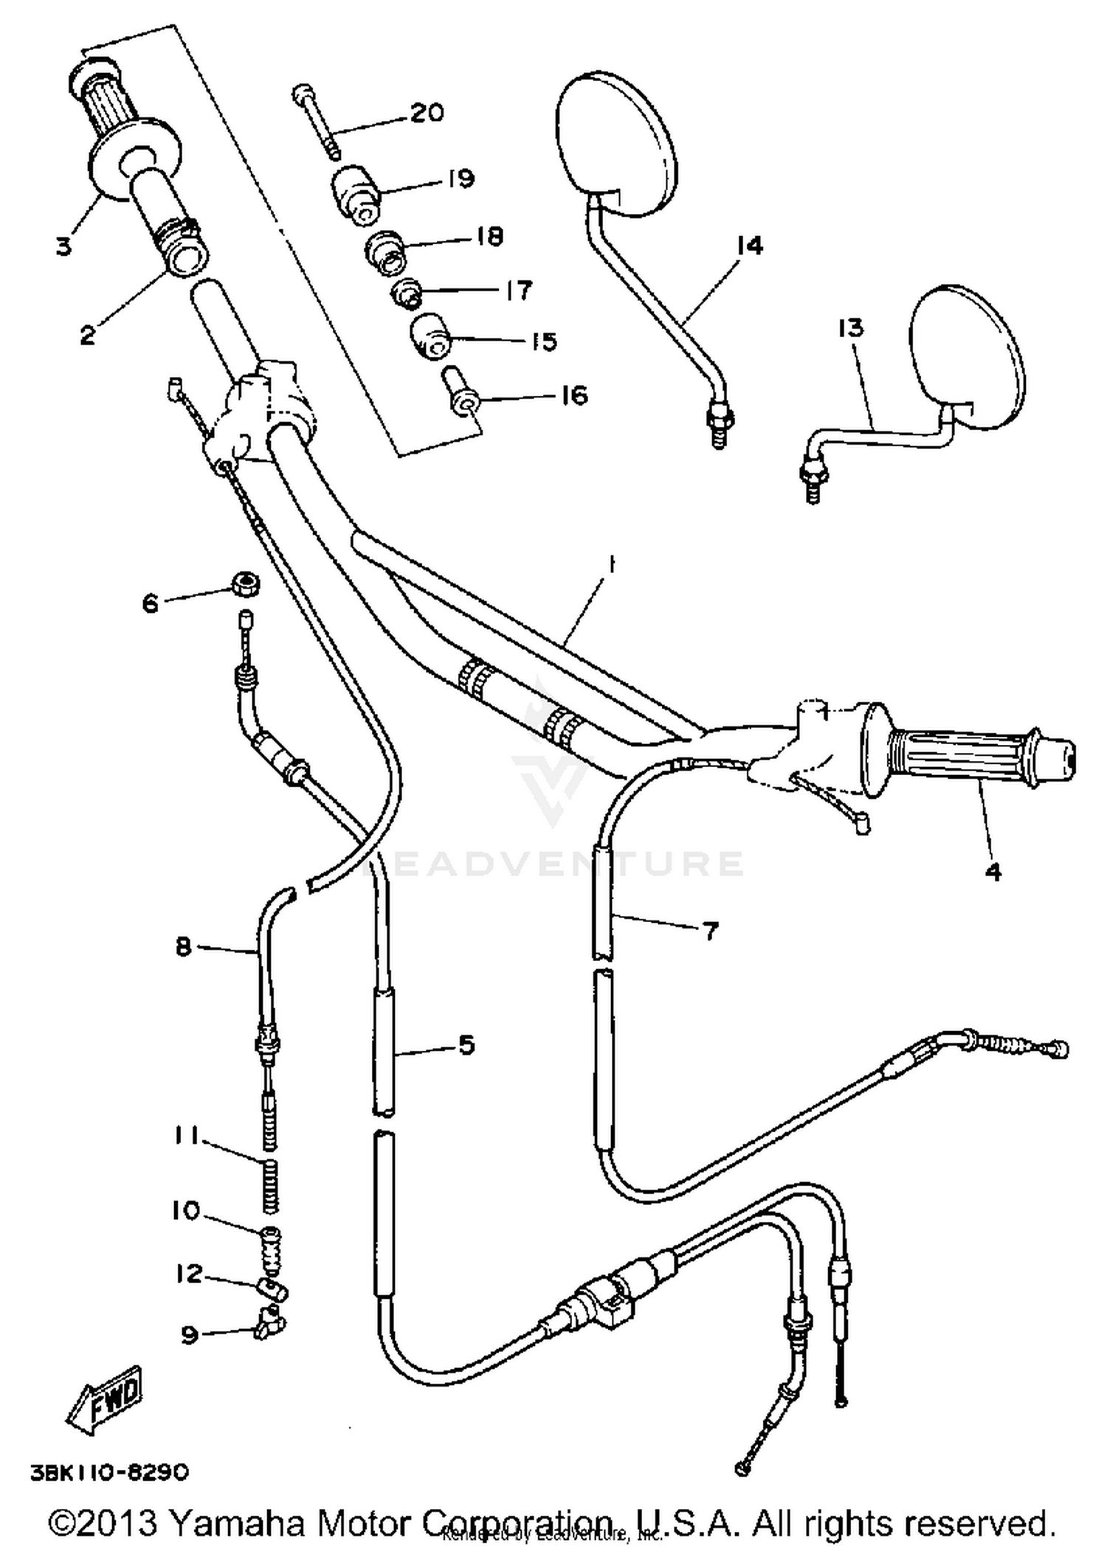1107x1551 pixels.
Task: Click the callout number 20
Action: click(427, 113)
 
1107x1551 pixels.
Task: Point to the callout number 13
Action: click(850, 327)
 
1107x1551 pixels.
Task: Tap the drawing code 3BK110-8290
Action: click(109, 1473)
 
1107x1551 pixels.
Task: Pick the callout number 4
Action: click(994, 872)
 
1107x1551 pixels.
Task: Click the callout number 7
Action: click(710, 931)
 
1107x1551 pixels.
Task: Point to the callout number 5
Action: click(466, 1044)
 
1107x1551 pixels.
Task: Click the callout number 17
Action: click(518, 290)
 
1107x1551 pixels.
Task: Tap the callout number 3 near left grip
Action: click(65, 246)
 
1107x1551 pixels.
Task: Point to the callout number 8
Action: click(184, 945)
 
